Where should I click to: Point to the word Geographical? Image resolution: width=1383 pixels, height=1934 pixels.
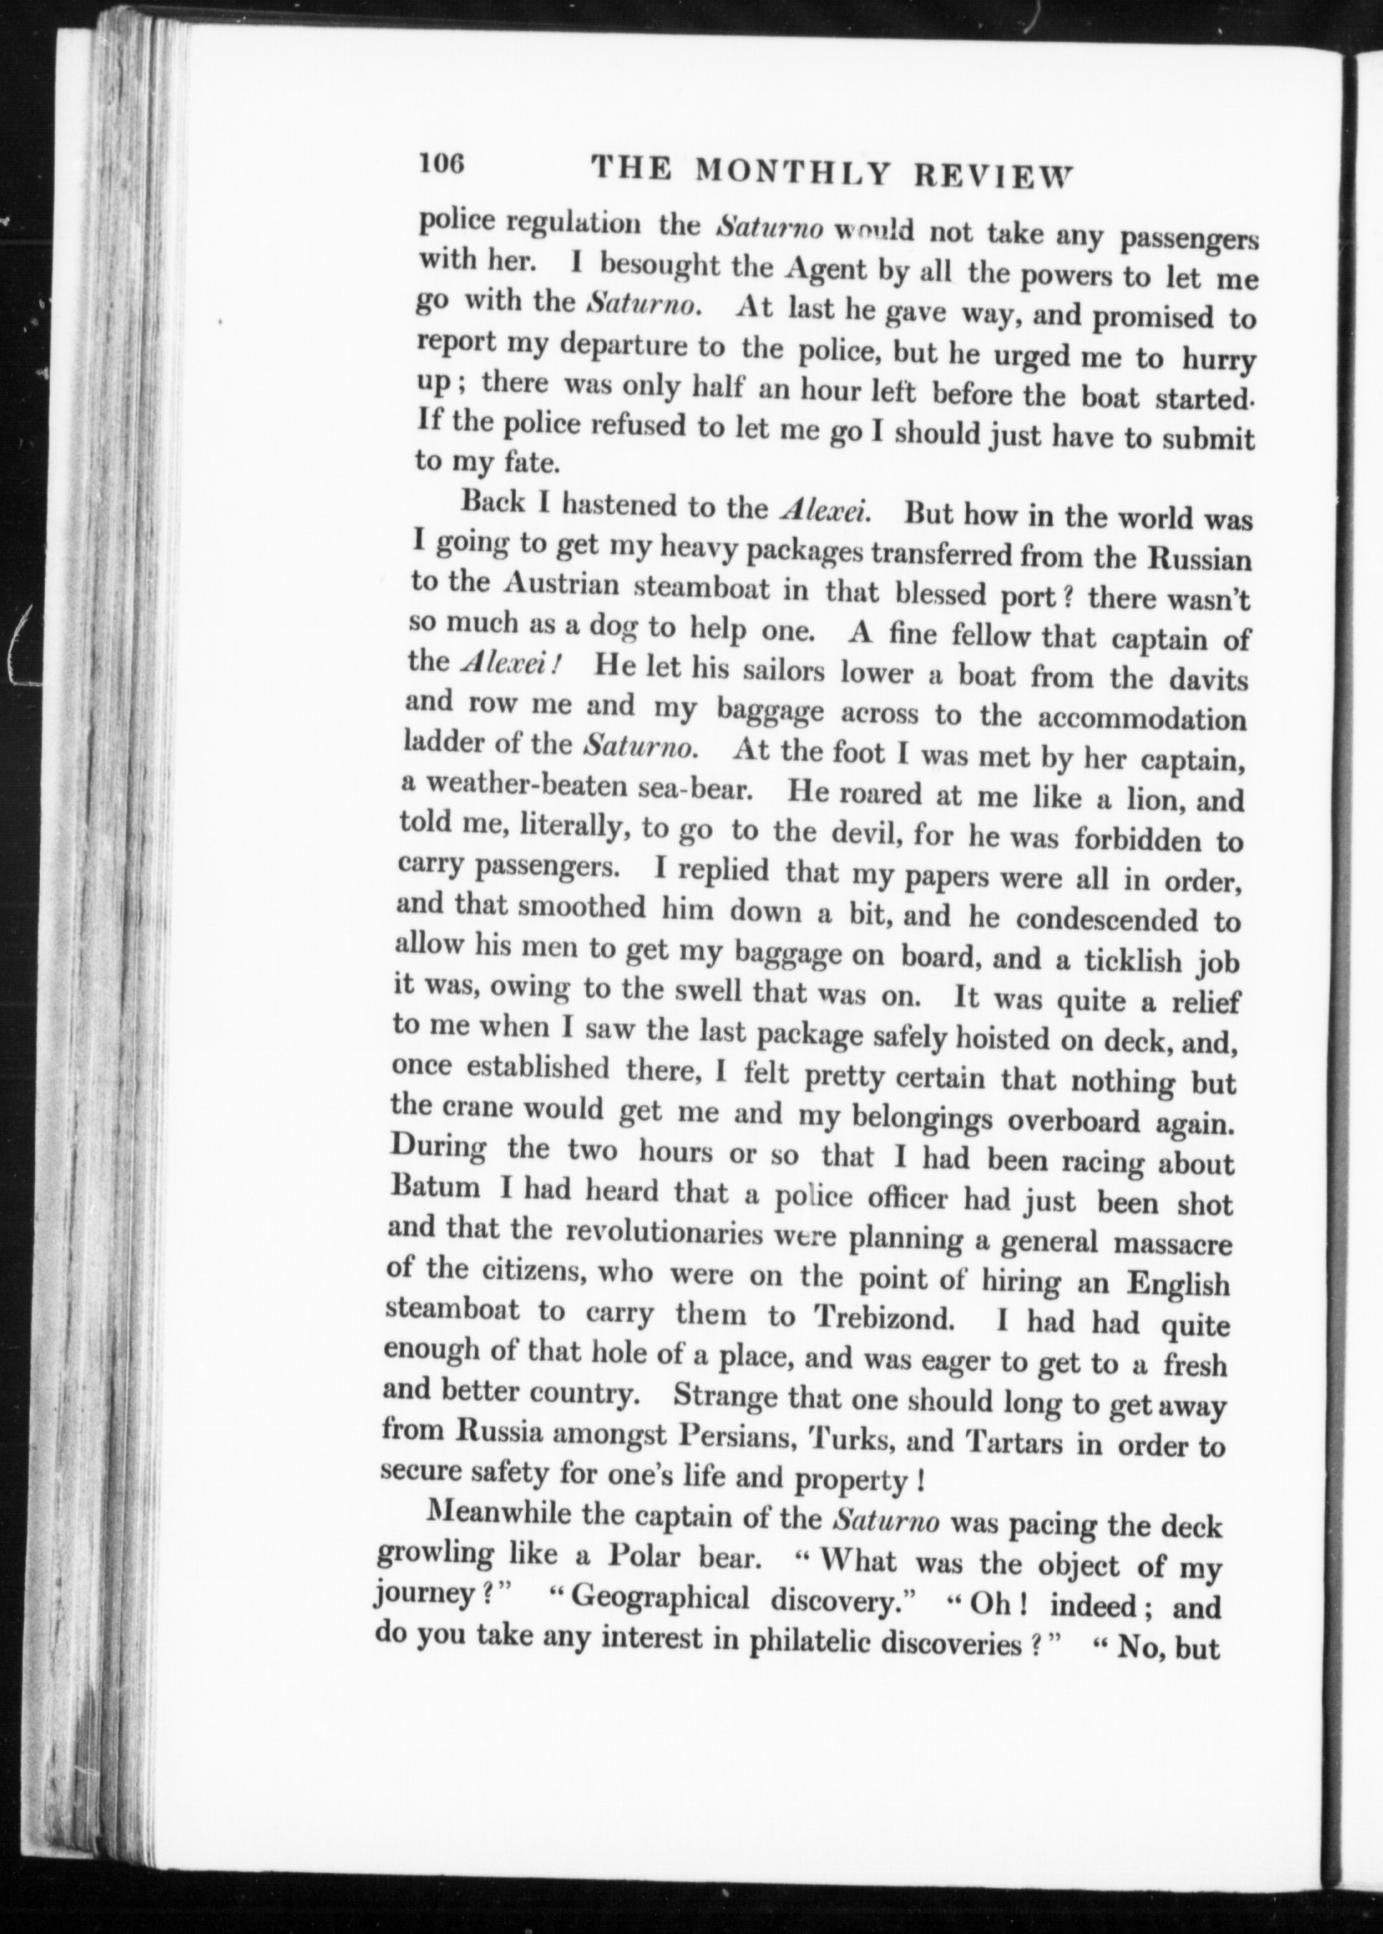[660, 1597]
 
